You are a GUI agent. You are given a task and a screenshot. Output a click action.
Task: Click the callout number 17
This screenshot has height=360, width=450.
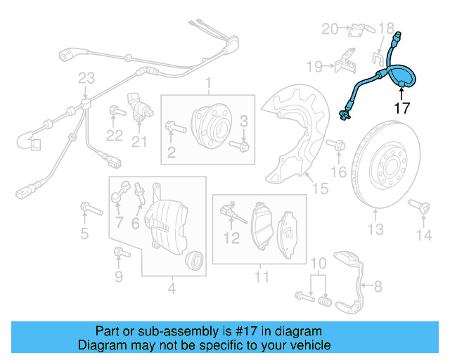[x=401, y=108]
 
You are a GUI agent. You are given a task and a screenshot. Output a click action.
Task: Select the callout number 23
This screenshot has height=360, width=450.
[x=86, y=77]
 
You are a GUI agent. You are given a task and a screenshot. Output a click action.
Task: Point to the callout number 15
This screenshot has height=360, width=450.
[x=320, y=188]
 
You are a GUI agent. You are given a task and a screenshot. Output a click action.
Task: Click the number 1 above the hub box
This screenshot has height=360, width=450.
[x=208, y=85]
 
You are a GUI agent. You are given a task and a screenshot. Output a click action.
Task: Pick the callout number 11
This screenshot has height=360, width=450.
[x=262, y=276]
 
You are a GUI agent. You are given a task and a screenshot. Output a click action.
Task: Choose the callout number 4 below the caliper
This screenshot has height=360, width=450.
[x=172, y=288]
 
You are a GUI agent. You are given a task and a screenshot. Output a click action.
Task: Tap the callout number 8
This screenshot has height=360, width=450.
[x=378, y=285]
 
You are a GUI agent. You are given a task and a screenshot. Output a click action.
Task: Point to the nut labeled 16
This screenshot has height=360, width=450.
[x=338, y=146]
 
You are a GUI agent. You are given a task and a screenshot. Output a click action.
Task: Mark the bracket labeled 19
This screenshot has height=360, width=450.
[x=343, y=60]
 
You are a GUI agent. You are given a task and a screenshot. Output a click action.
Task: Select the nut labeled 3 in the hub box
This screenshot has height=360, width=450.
[x=243, y=146]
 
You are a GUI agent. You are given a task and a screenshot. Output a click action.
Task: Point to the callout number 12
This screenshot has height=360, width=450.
[x=232, y=238]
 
